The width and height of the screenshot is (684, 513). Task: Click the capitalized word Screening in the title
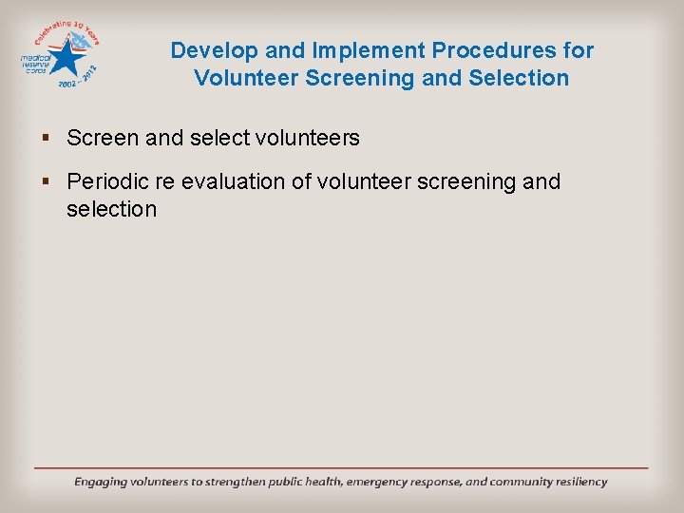coord(360,78)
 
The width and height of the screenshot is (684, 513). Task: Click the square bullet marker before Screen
coord(47,139)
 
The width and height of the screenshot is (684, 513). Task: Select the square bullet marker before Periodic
coord(47,181)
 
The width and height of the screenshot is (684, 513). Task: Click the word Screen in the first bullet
coord(103,138)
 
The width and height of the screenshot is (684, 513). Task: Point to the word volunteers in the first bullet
coord(308,138)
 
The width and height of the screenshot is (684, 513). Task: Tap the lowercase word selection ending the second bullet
coord(111,208)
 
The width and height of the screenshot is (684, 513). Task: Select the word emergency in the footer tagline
coord(380,482)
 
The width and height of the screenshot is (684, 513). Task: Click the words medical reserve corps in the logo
coord(38,63)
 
